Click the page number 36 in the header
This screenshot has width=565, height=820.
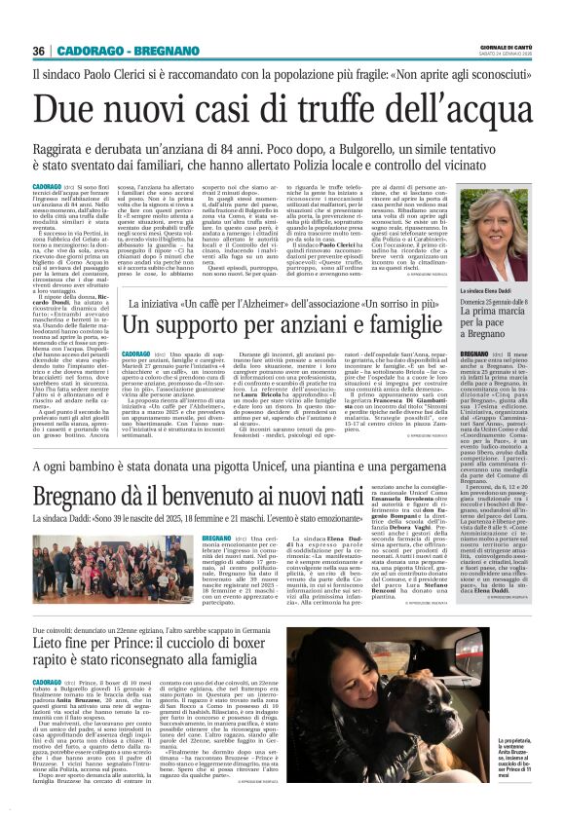(x=39, y=52)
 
